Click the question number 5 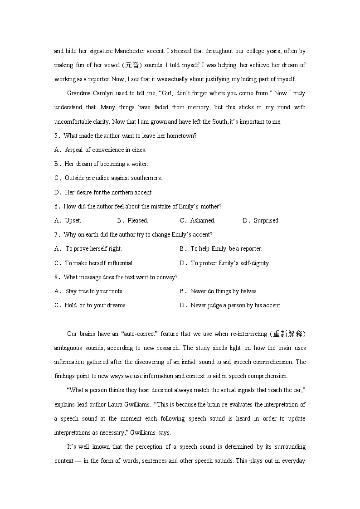pyautogui.click(x=56, y=136)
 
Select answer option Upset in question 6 pyautogui.click(x=73, y=221)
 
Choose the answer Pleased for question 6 pyautogui.click(x=137, y=221)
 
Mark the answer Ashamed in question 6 pyautogui.click(x=202, y=221)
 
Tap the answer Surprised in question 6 pyautogui.click(x=266, y=221)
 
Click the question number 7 pyautogui.click(x=56, y=235)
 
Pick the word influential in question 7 pyautogui.click(x=120, y=263)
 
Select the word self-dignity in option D pyautogui.click(x=254, y=263)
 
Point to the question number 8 pyautogui.click(x=56, y=277)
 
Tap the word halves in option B pyautogui.click(x=248, y=291)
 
